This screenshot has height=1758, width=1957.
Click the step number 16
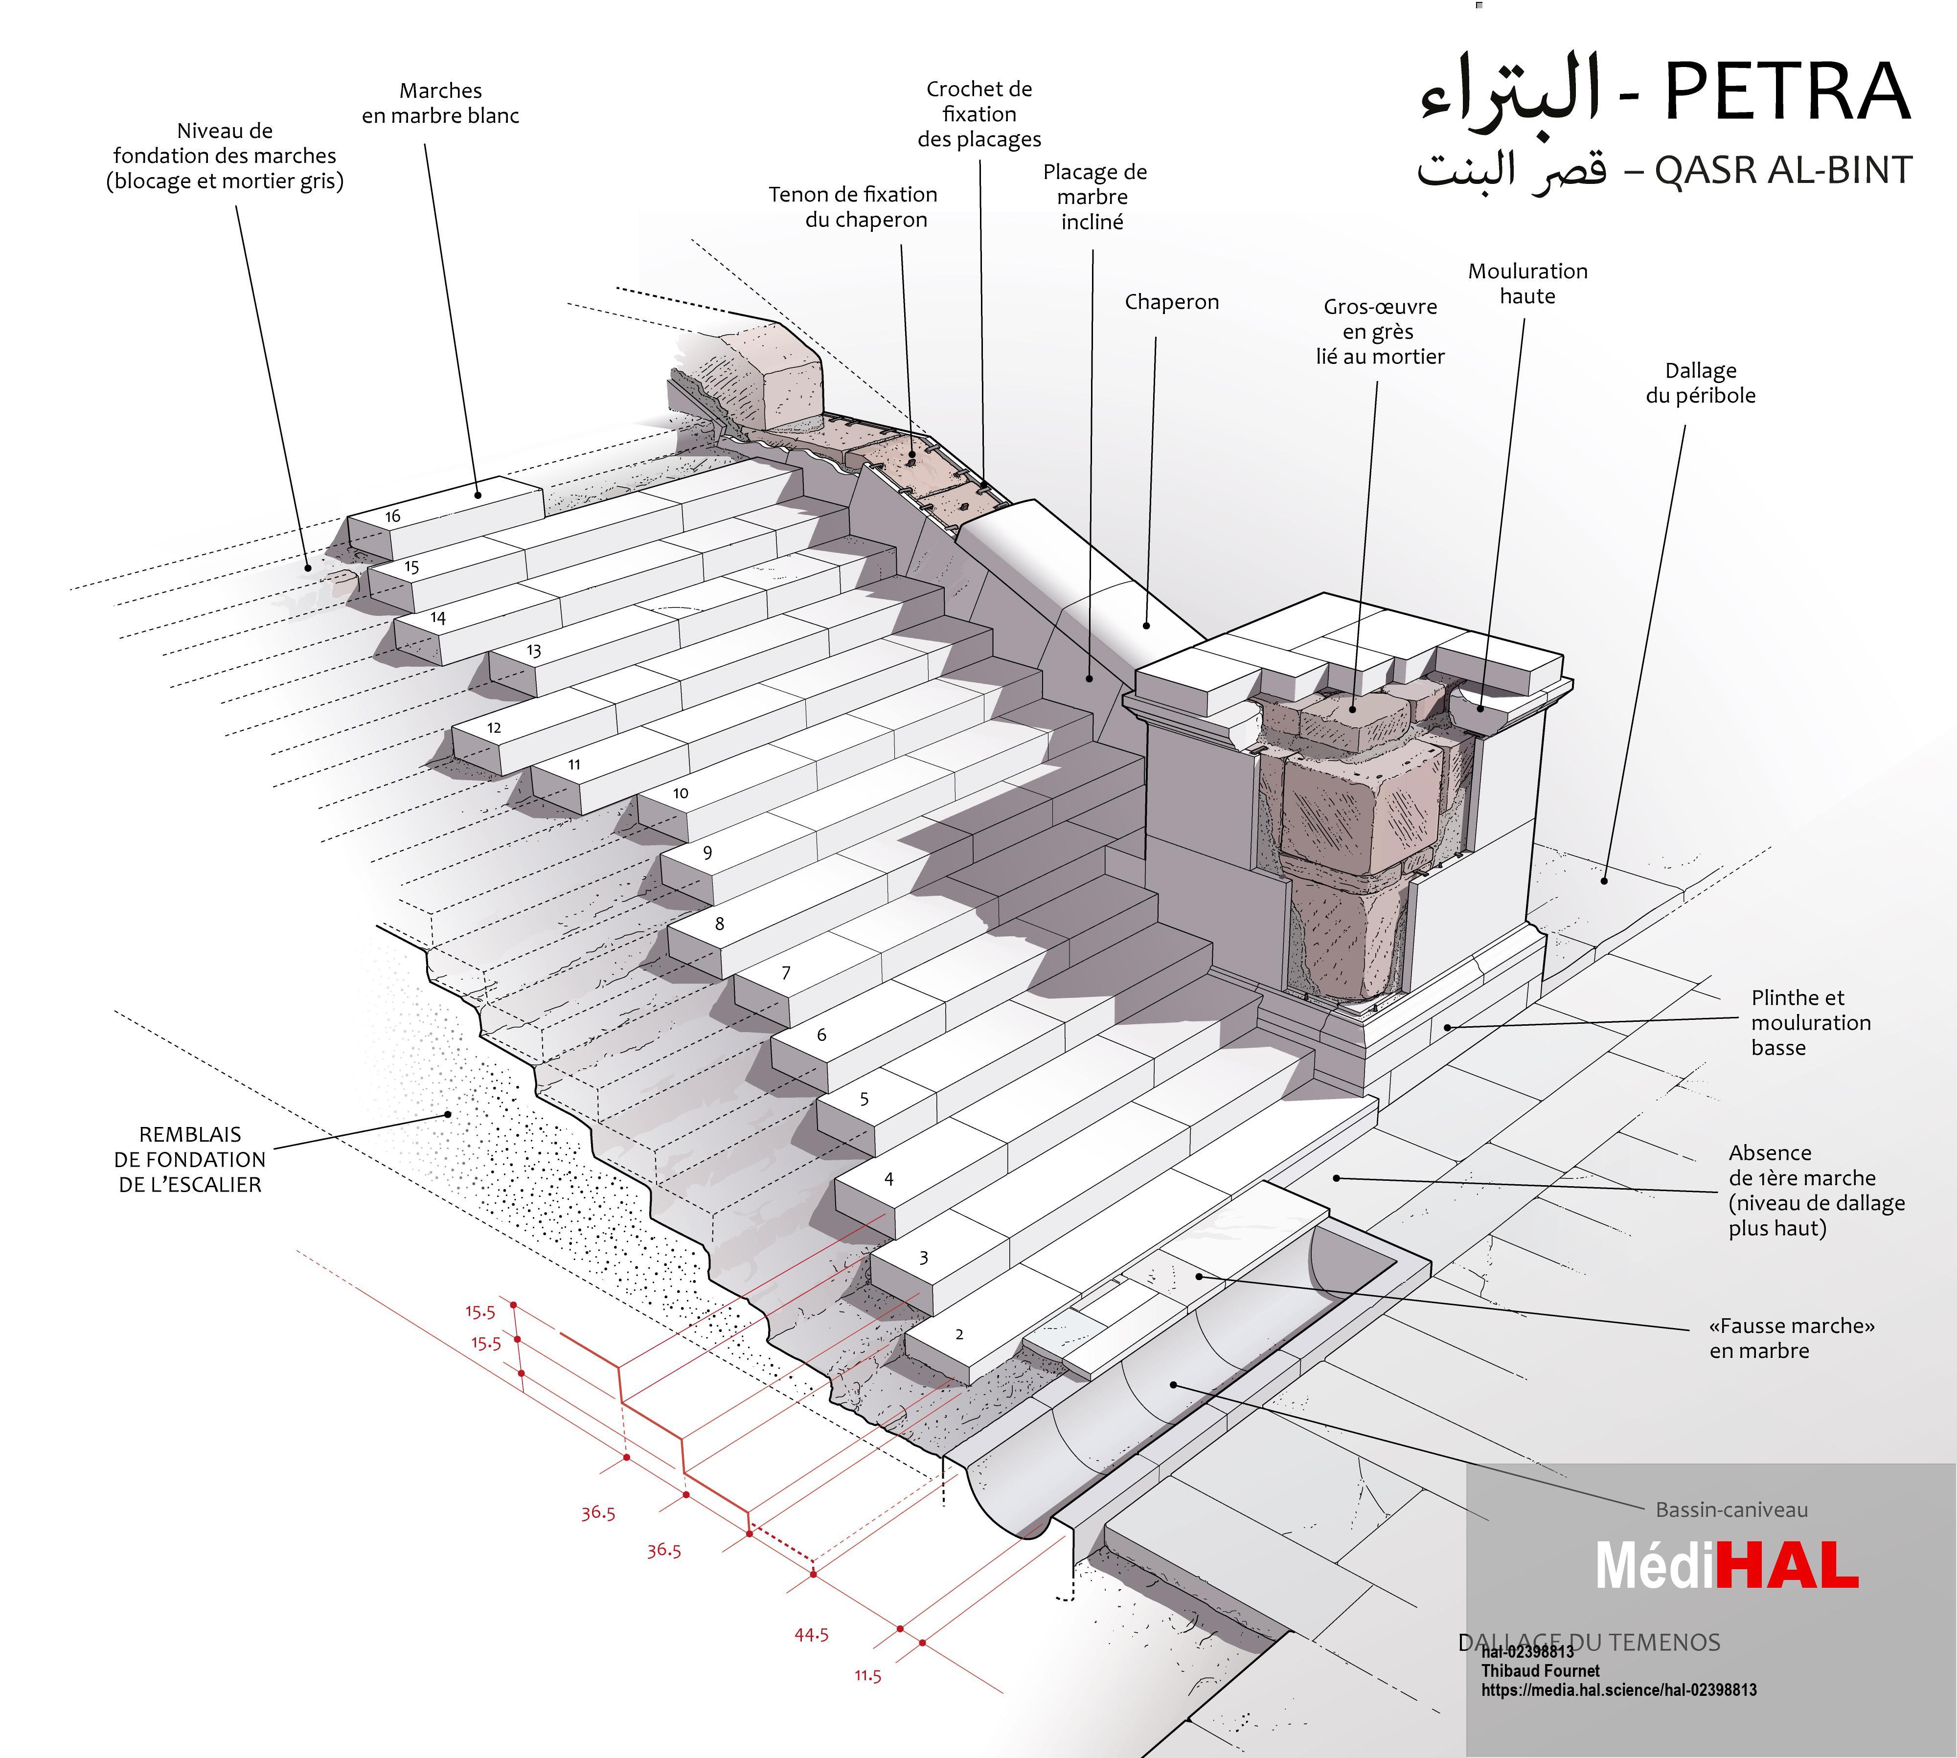(392, 516)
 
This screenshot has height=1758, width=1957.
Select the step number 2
(959, 1335)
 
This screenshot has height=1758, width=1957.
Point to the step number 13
(533, 651)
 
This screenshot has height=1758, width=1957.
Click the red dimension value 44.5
(811, 1634)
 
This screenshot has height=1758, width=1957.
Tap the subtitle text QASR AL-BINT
(1783, 170)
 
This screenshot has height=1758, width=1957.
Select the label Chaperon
(1172, 302)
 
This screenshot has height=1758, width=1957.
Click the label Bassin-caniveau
(1732, 1510)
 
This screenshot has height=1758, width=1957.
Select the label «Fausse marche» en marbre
(1792, 1338)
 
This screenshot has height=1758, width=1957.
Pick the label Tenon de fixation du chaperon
(853, 207)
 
